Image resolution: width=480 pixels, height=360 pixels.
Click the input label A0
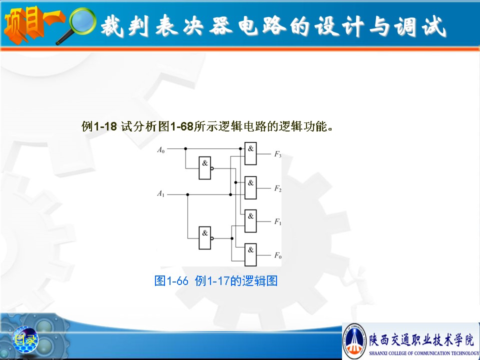[160, 149]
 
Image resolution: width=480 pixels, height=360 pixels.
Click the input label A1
[160, 193]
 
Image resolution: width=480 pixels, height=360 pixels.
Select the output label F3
[277, 154]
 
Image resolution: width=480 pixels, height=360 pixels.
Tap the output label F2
[277, 188]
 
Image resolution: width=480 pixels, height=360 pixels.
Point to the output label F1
[277, 221]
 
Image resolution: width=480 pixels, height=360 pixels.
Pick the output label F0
[277, 255]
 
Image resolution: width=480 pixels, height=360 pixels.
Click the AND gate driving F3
[250, 153]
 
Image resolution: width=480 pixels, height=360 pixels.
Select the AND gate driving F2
[250, 187]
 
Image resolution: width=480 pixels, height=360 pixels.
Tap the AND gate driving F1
[250, 221]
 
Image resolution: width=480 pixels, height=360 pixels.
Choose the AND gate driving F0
[250, 254]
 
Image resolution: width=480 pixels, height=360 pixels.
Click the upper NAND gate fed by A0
[205, 168]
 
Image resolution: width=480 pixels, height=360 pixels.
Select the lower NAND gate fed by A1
[205, 238]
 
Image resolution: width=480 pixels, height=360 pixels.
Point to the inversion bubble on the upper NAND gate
[212, 168]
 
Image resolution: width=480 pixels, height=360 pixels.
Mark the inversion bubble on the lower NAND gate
[212, 238]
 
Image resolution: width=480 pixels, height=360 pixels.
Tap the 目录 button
[25, 339]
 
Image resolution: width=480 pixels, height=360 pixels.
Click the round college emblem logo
[354, 340]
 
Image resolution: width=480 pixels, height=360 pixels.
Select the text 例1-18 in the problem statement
[99, 126]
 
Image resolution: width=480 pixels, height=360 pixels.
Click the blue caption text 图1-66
[171, 280]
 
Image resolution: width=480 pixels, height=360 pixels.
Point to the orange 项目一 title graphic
[33, 24]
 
